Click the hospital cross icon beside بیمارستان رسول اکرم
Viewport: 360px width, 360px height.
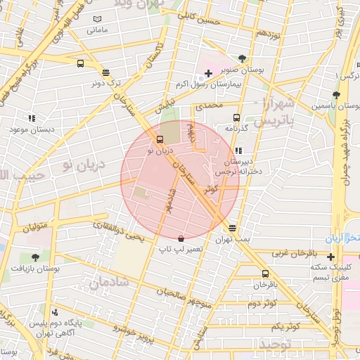[209, 73]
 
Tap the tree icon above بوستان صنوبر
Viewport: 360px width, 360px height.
[243, 58]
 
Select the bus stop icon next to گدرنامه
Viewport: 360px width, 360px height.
[236, 118]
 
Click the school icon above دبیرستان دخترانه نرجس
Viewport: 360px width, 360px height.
[239, 150]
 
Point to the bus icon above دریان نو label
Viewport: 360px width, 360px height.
[160, 139]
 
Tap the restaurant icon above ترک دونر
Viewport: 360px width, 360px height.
[105, 72]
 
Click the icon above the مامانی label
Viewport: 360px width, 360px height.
[97, 18]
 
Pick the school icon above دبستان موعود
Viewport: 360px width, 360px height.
[31, 118]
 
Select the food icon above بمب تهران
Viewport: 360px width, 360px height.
[232, 228]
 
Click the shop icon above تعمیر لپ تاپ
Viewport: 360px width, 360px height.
[181, 238]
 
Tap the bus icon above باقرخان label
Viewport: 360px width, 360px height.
[265, 274]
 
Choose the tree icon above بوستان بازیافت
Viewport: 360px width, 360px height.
[36, 257]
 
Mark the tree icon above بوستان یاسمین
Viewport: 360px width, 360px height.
[337, 95]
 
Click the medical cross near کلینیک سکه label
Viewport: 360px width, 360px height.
[330, 257]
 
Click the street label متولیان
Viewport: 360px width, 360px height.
[39, 226]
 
